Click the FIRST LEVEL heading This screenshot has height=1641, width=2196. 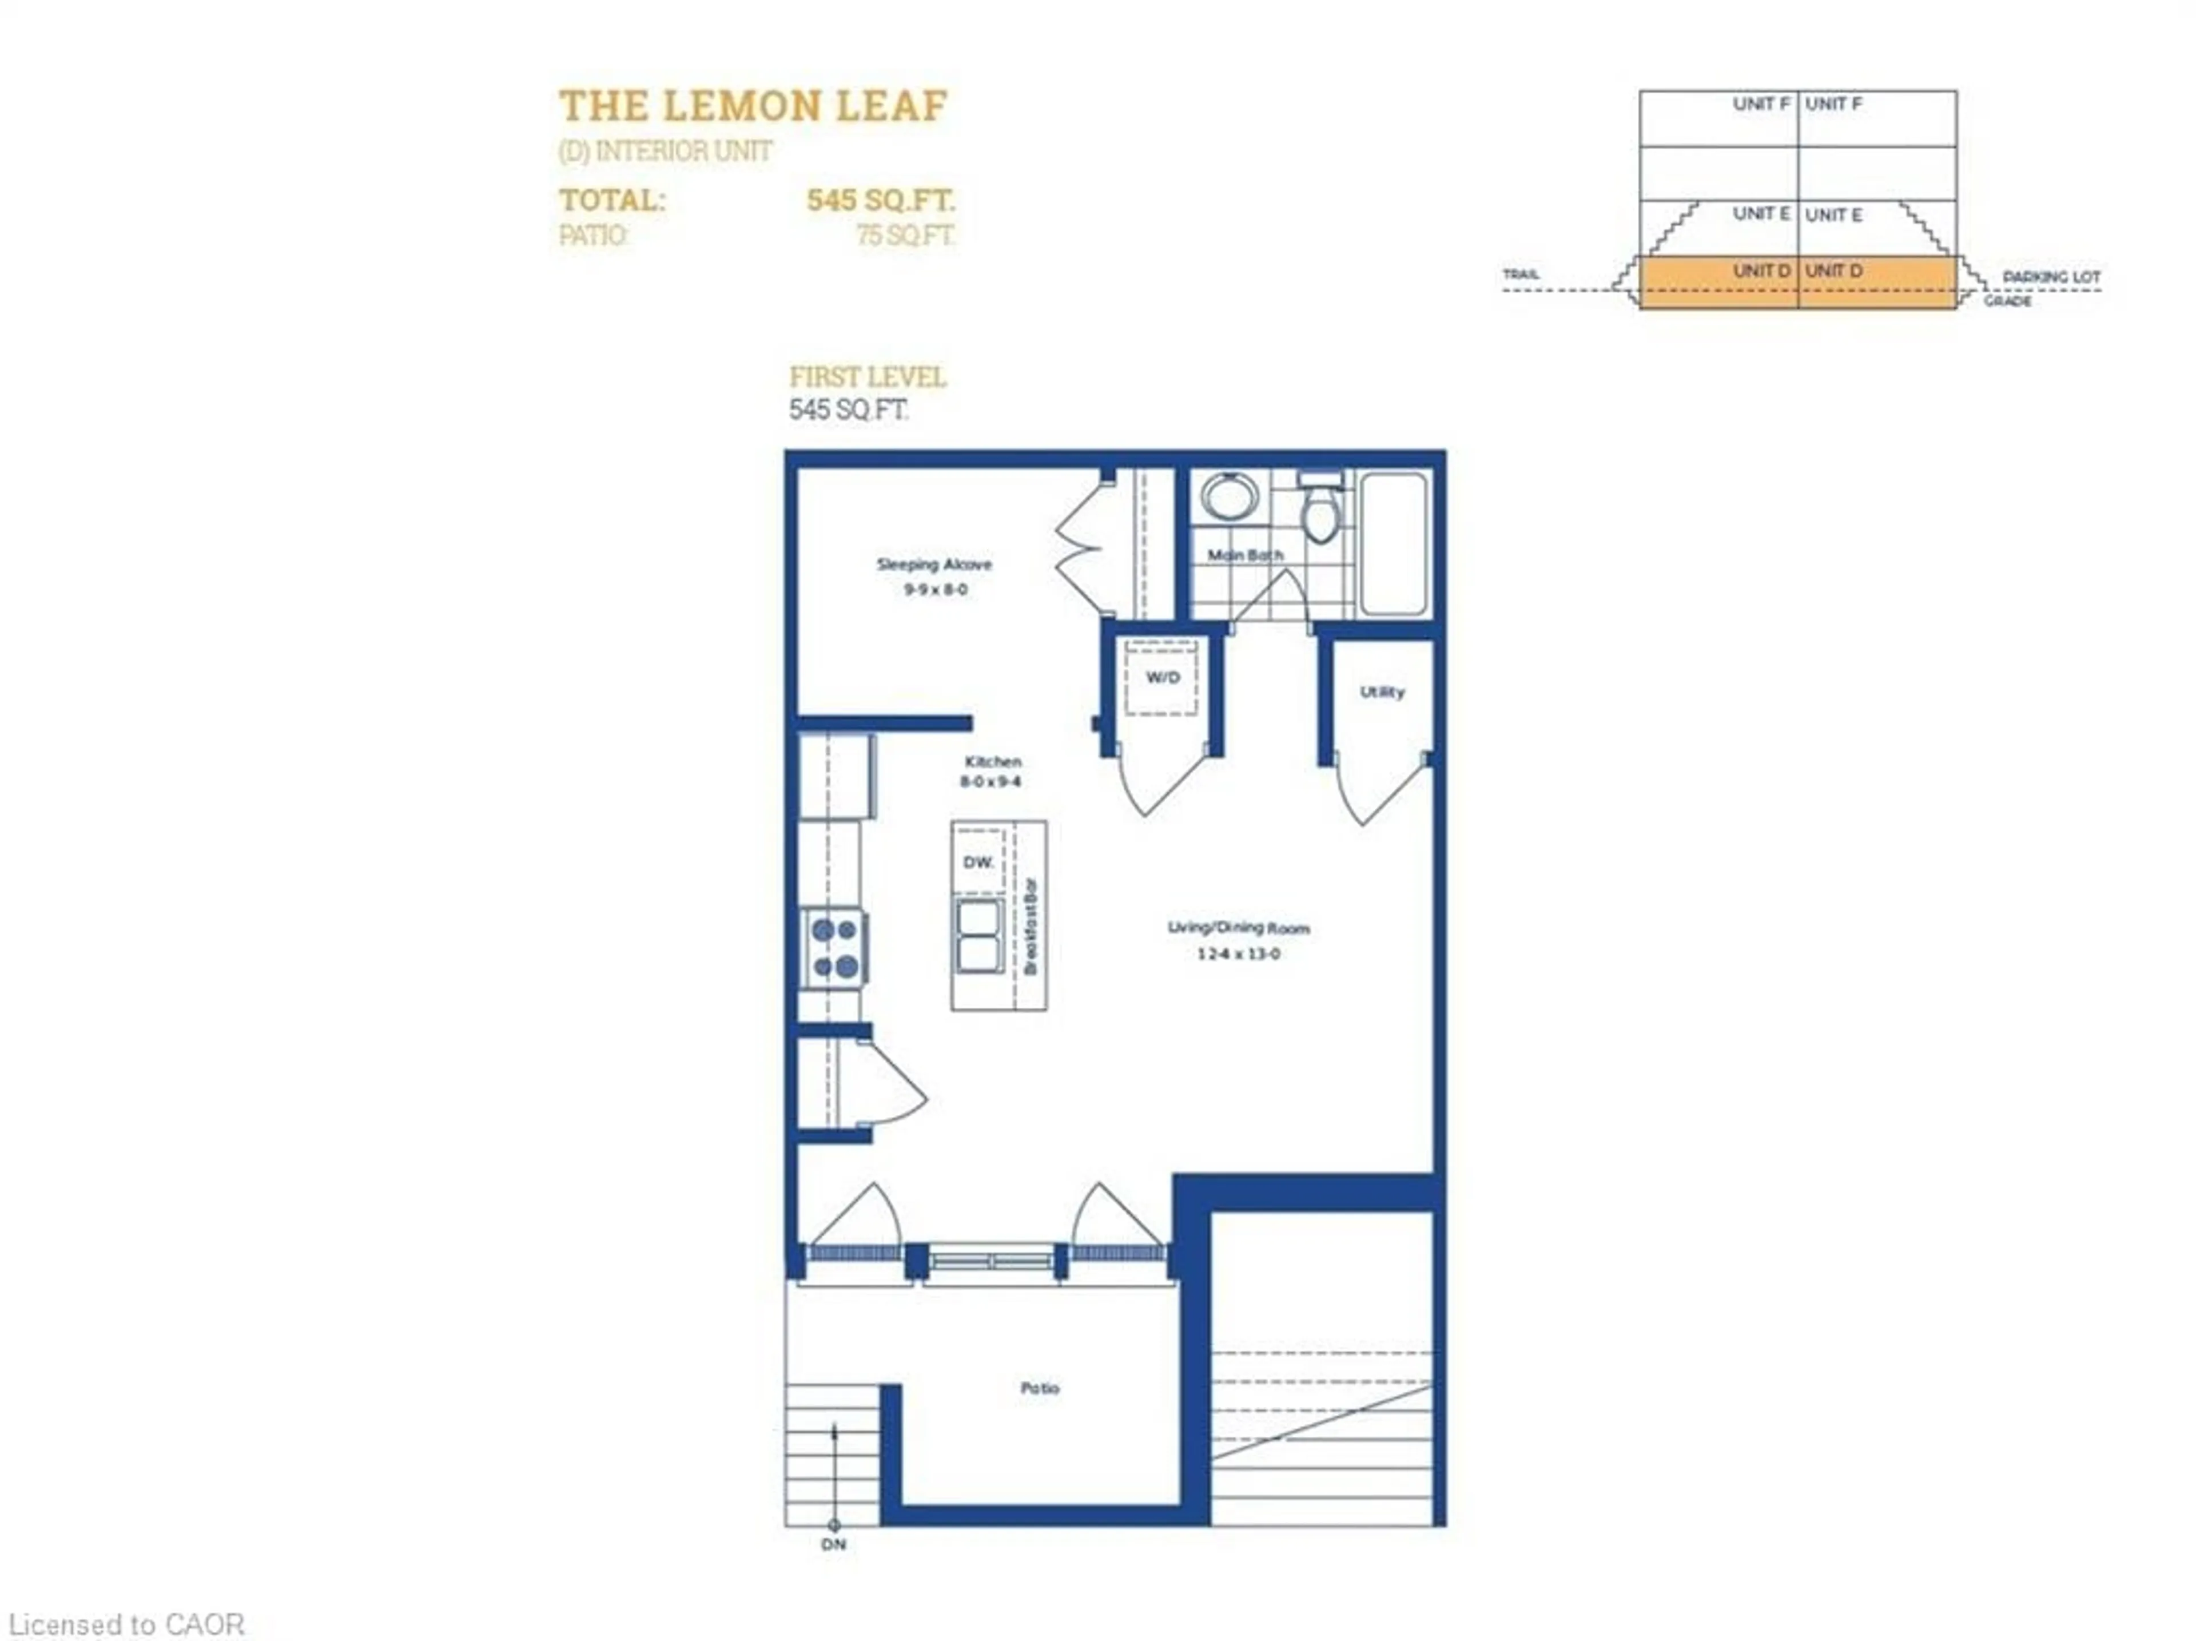pyautogui.click(x=867, y=378)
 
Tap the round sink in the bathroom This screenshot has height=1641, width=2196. pyautogui.click(x=1229, y=495)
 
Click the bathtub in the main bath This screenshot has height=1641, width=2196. pyautogui.click(x=1394, y=544)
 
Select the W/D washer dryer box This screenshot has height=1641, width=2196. pyautogui.click(x=1161, y=677)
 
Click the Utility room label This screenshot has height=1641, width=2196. pyautogui.click(x=1382, y=692)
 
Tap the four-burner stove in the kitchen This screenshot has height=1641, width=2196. pyautogui.click(x=834, y=948)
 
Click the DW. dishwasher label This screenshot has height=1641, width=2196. pyautogui.click(x=978, y=863)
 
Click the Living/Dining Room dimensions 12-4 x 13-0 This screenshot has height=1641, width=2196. pyautogui.click(x=1238, y=954)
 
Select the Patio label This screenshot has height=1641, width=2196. pyautogui.click(x=1040, y=1388)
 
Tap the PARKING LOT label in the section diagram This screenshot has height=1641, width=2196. pyautogui.click(x=2051, y=277)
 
